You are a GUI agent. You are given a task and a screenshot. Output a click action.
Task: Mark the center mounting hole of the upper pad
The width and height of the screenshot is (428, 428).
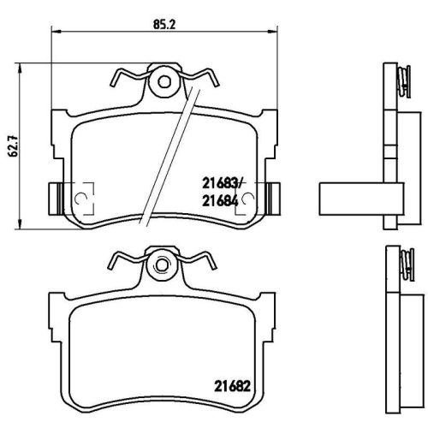pyautogui.click(x=162, y=83)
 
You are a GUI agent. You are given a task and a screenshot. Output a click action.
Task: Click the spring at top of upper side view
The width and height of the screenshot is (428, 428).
pyautogui.click(x=400, y=80)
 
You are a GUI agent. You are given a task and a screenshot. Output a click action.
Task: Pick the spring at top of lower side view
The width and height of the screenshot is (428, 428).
pyautogui.click(x=400, y=262)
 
